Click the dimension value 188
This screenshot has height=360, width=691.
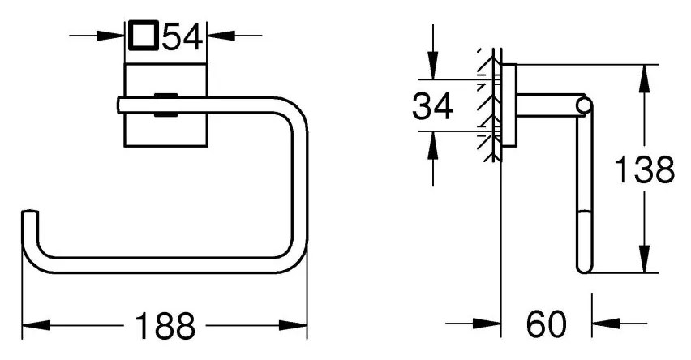165,326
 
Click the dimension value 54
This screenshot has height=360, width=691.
182,36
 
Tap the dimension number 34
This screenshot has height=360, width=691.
432,105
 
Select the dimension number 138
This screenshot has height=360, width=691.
644,169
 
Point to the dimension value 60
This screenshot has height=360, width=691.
546,324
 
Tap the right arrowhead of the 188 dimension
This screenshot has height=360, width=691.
293,326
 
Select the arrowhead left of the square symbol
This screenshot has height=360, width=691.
110,36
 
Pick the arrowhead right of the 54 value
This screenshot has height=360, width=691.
221,36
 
